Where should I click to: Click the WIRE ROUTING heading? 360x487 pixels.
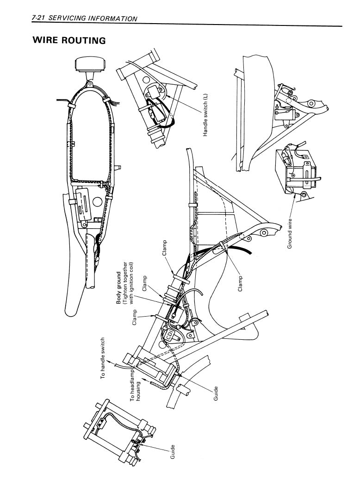(69, 40)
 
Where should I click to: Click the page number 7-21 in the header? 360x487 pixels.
(38, 19)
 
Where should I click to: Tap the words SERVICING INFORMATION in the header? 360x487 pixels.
(93, 19)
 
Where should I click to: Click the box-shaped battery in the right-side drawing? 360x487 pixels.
(296, 169)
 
